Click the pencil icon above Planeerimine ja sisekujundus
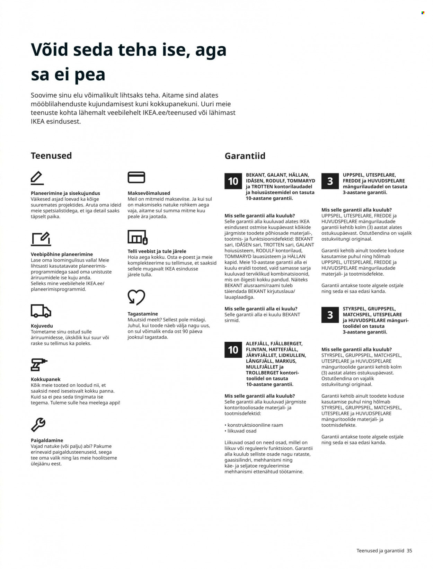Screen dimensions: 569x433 [x=37, y=178]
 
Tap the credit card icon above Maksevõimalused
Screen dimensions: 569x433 [x=136, y=177]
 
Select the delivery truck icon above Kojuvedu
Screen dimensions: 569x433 [x=41, y=311]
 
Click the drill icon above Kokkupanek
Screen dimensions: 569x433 [x=38, y=365]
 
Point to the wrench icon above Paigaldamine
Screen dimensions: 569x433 [x=38, y=425]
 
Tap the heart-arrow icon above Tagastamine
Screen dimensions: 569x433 [x=136, y=297]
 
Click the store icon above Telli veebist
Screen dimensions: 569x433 [x=138, y=237]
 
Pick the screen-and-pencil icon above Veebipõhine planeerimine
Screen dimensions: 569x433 [x=41, y=239]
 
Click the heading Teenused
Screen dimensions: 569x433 [x=51, y=156]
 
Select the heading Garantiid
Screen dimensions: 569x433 [x=245, y=156]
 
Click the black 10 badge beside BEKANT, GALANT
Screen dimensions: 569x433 [x=233, y=181]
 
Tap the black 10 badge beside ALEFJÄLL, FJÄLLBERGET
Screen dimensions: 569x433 [x=233, y=350]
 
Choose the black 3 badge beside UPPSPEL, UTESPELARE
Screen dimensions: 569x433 [x=330, y=181]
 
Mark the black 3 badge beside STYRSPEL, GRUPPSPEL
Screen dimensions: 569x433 [x=330, y=315]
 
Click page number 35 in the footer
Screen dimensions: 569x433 [x=409, y=551]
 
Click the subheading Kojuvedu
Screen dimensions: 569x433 [x=42, y=326]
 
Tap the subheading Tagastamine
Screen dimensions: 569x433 [x=143, y=314]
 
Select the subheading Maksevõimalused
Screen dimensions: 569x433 [x=149, y=193]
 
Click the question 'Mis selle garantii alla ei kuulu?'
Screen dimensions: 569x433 [x=261, y=309]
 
